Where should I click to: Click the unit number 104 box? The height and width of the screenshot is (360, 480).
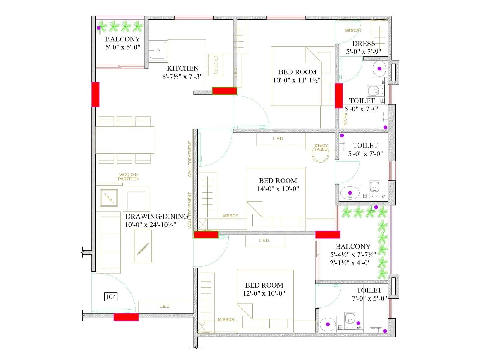click(111, 297)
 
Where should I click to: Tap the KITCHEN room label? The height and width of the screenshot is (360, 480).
click(183, 68)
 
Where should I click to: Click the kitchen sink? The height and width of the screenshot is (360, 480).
click(158, 51)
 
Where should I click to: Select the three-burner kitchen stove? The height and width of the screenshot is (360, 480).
click(216, 65)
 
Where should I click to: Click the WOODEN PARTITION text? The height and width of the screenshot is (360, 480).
click(129, 177)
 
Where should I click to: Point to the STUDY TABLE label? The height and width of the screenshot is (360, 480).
click(321, 147)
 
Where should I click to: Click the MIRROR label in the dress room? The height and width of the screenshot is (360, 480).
click(352, 30)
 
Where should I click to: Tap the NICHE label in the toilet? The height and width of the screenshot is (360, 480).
click(345, 119)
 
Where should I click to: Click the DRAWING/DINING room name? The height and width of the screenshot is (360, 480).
click(157, 217)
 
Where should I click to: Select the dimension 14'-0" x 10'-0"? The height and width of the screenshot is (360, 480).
click(278, 189)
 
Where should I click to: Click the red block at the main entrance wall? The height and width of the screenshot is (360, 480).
click(126, 317)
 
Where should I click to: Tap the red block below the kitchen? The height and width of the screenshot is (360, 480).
click(224, 91)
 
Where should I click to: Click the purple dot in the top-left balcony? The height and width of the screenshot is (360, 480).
click(99, 28)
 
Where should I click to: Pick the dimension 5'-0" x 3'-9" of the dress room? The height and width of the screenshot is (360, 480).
click(364, 52)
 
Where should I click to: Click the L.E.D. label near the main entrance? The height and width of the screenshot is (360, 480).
click(165, 306)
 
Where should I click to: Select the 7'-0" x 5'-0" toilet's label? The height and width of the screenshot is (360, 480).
click(369, 290)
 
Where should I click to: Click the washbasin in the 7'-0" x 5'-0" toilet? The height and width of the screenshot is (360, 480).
click(328, 324)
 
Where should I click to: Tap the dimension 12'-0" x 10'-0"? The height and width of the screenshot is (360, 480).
click(264, 294)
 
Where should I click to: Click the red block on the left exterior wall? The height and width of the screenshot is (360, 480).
click(95, 94)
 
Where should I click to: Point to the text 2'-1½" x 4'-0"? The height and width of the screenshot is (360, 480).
click(350, 263)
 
